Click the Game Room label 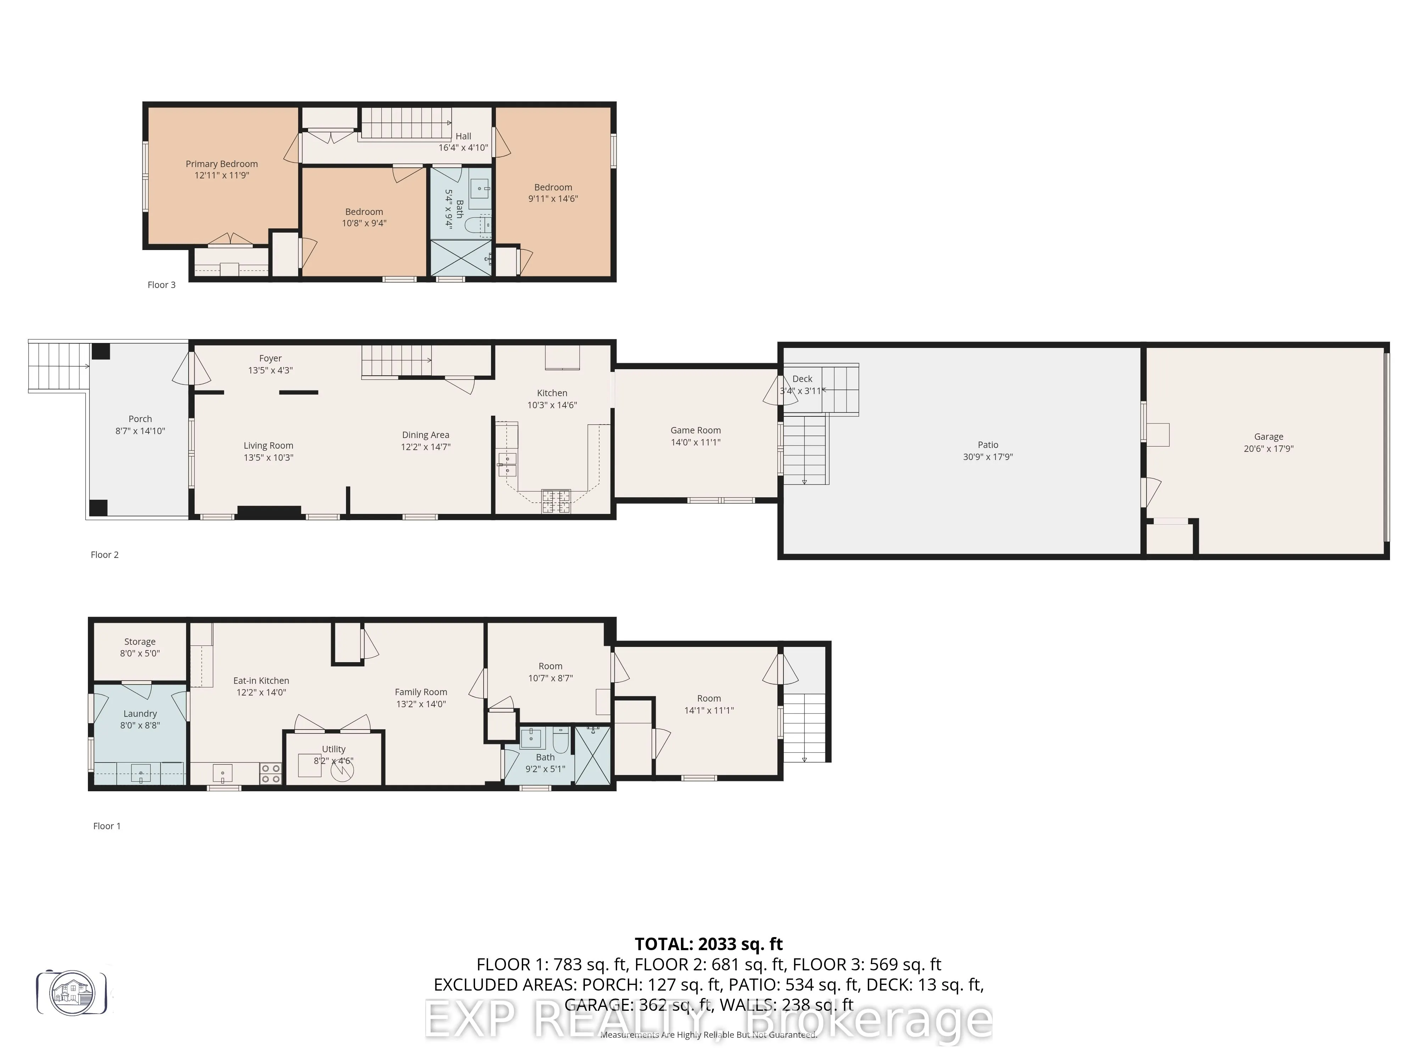(696, 430)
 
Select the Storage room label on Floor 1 (140, 641)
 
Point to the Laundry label (140, 713)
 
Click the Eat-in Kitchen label (261, 681)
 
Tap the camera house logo (72, 992)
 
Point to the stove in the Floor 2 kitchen (556, 501)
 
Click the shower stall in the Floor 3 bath (460, 258)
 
